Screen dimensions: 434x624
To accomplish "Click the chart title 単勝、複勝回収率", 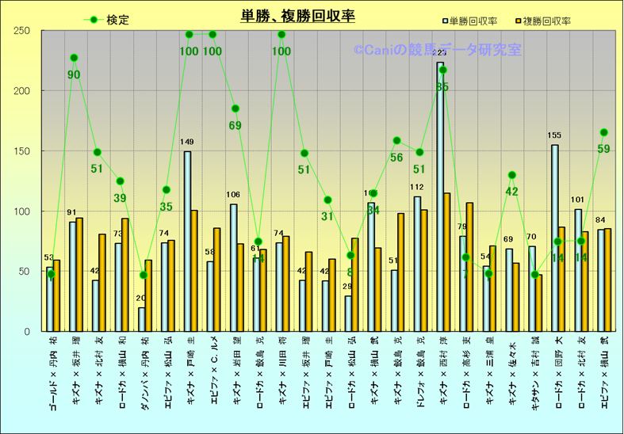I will pyautogui.click(x=297, y=16).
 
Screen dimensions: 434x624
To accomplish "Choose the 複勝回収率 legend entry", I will pyautogui.click(x=546, y=21).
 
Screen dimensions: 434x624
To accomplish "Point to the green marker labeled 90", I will pyautogui.click(x=74, y=58).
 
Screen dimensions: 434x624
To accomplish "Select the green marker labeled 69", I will pyautogui.click(x=235, y=108).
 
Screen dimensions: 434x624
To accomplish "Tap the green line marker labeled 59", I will pyautogui.click(x=603, y=132).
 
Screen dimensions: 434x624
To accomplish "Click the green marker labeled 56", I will pyautogui.click(x=396, y=140).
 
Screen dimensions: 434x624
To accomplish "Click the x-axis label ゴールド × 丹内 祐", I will pyautogui.click(x=52, y=373).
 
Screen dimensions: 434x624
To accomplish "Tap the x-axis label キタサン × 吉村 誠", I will pyautogui.click(x=534, y=373).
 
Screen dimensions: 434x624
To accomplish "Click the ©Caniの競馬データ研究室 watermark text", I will pyautogui.click(x=437, y=50).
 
